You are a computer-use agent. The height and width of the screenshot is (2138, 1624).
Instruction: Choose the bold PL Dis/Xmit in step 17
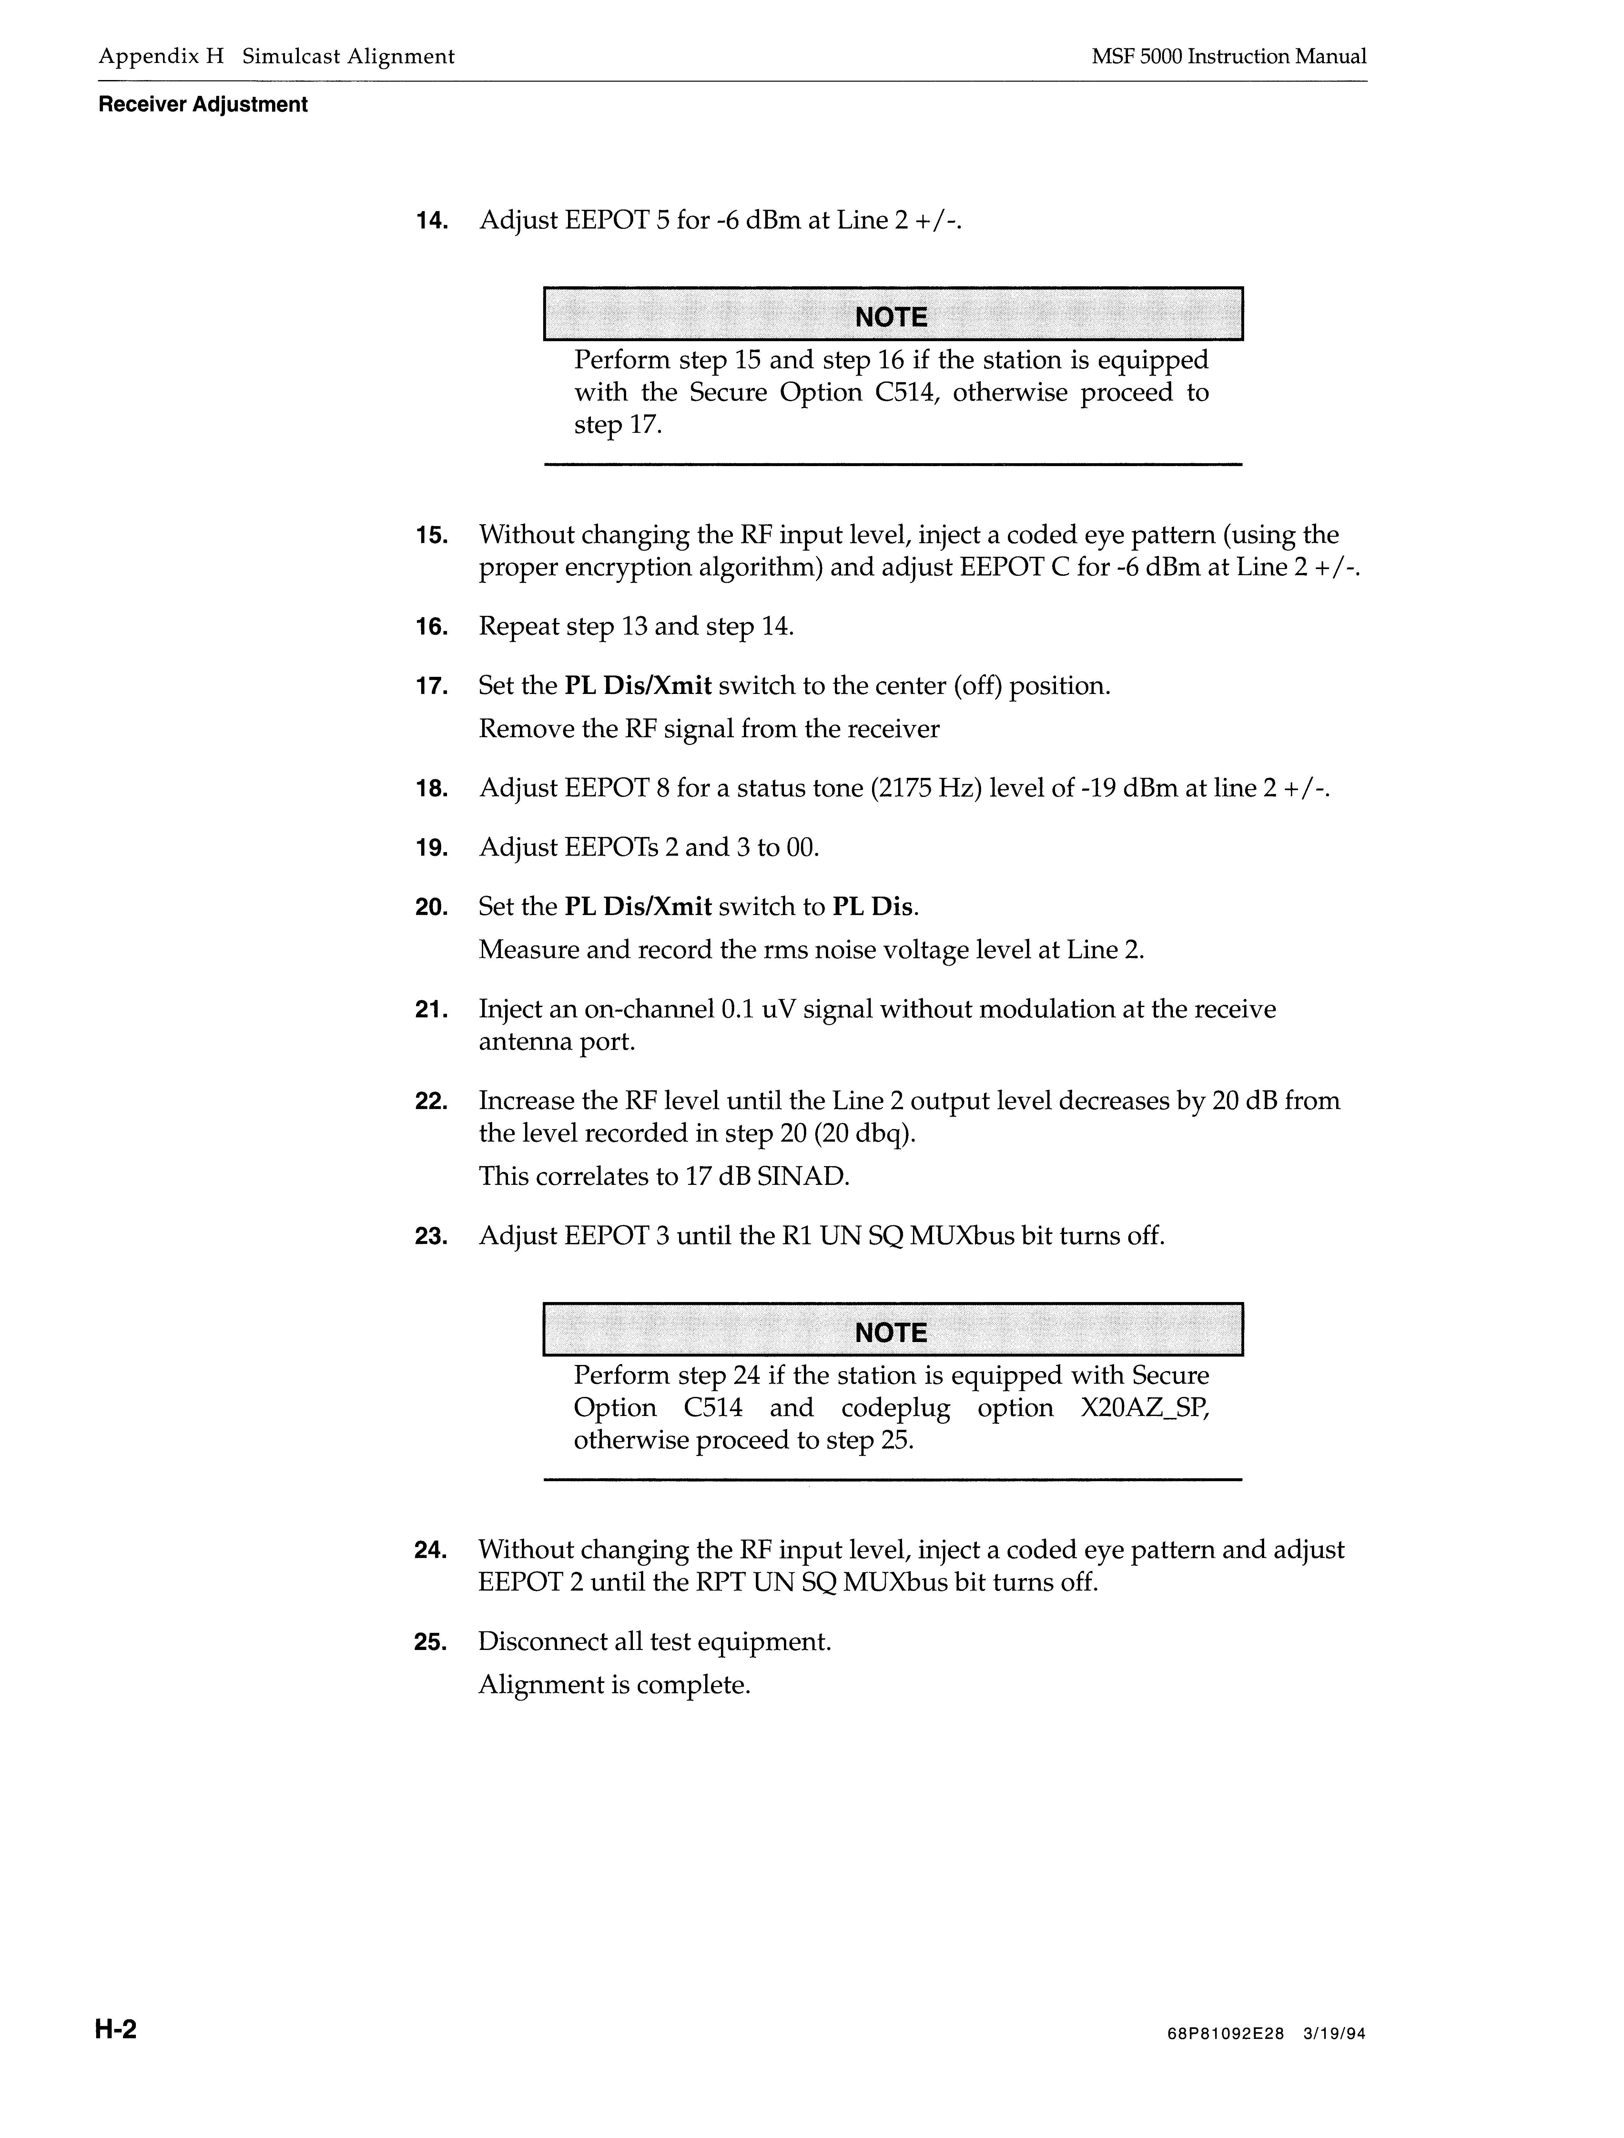[638, 686]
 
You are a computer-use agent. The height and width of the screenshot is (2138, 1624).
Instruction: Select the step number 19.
[431, 849]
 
